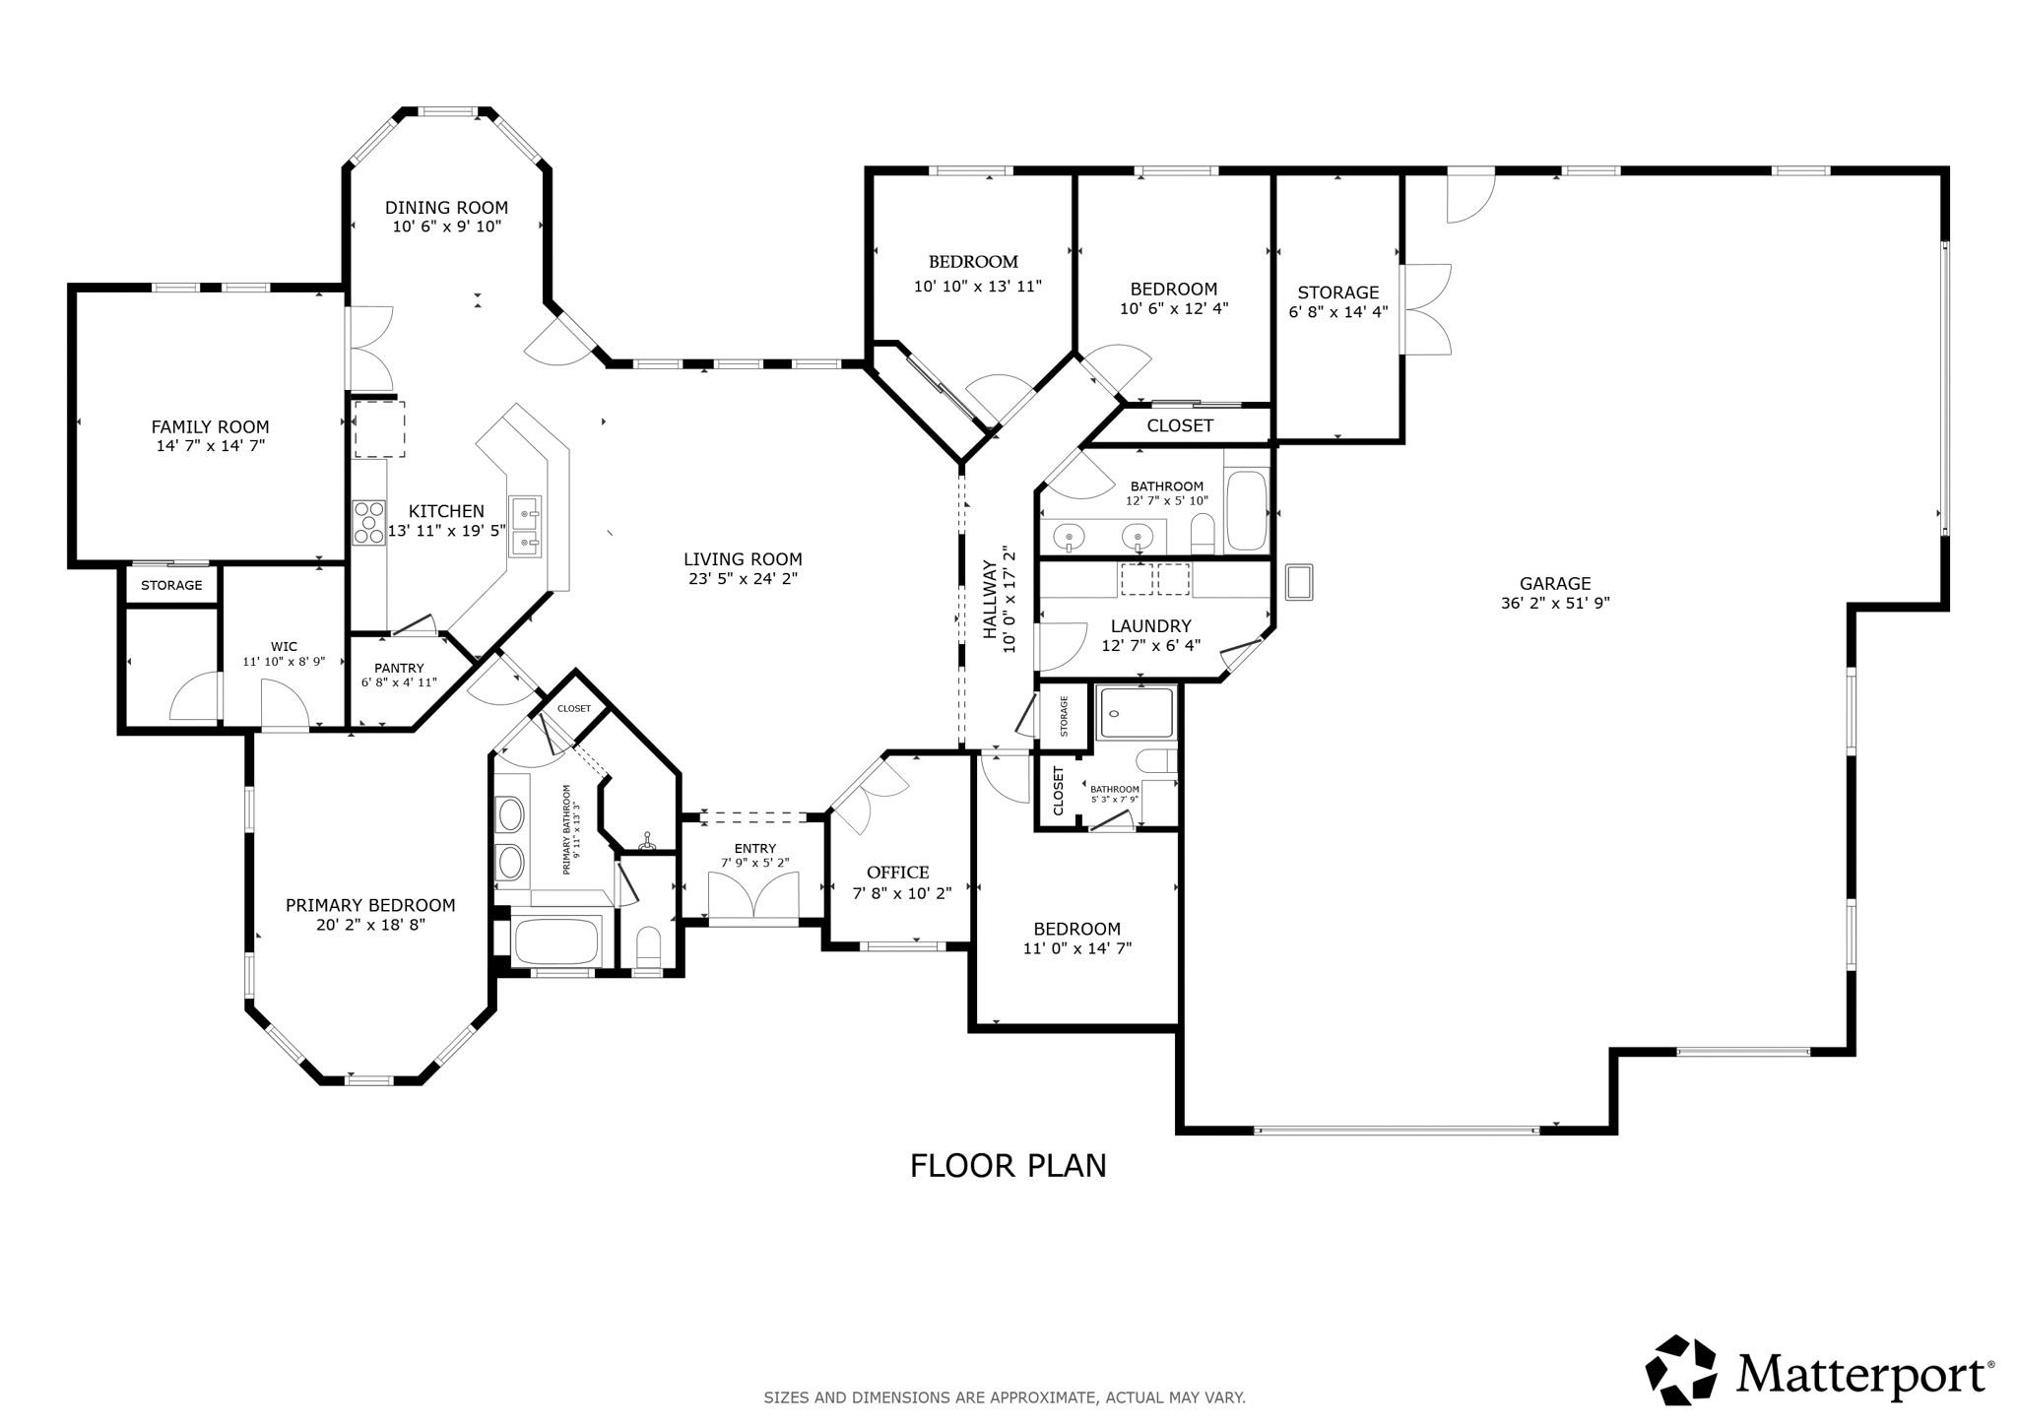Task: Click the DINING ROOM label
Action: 446,208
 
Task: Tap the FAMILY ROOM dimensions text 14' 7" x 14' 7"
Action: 210,445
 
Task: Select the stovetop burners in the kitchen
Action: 369,523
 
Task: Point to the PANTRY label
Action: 398,668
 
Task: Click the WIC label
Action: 284,647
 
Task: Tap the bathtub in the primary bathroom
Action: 556,940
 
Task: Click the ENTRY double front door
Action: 754,898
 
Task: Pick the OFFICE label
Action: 897,873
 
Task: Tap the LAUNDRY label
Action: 1150,626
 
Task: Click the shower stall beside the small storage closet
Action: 1138,713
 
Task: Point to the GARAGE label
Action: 1554,584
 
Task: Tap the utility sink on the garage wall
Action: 1299,582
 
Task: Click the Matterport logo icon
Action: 1681,1370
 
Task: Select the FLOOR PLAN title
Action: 1008,1166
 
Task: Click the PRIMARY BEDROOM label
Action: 370,905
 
